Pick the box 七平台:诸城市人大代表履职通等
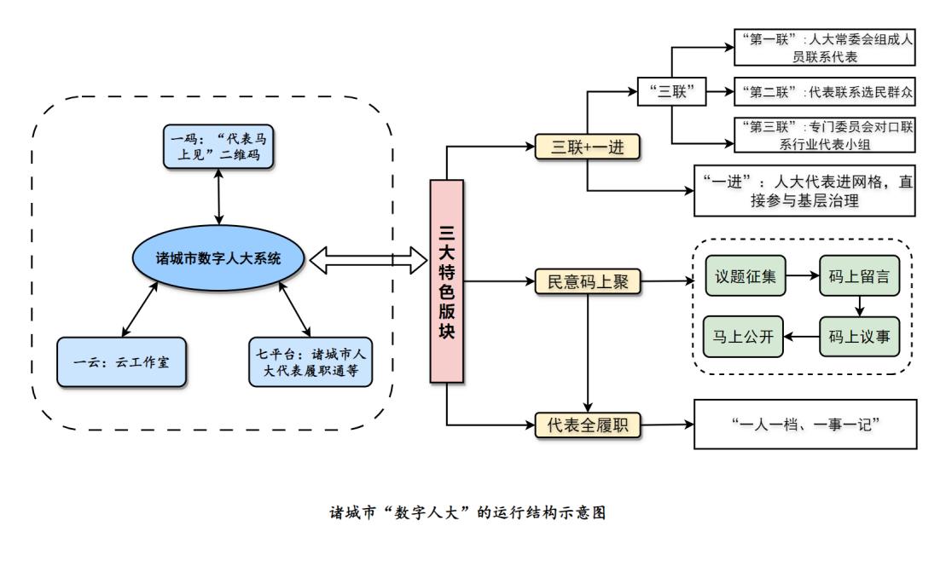click(311, 362)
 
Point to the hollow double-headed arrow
click(368, 261)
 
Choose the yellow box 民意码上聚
click(587, 281)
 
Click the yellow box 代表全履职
click(587, 424)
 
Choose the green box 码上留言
click(859, 277)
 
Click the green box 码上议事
click(859, 336)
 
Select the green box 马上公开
click(744, 336)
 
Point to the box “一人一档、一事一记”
click(805, 424)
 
